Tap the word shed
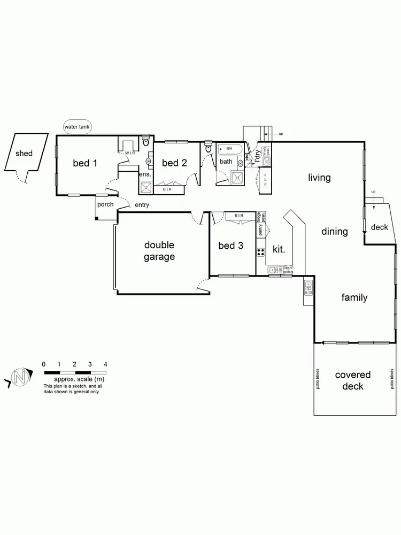point(24,153)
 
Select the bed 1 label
point(85,163)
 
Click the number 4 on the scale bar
point(105,364)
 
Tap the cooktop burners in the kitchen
point(261,251)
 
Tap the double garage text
point(159,251)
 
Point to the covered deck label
point(352,380)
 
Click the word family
point(354,297)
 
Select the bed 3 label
point(231,246)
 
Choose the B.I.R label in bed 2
point(167,189)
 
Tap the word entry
point(142,204)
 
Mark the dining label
point(334,232)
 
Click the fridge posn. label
point(258,217)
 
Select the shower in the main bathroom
point(237,177)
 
